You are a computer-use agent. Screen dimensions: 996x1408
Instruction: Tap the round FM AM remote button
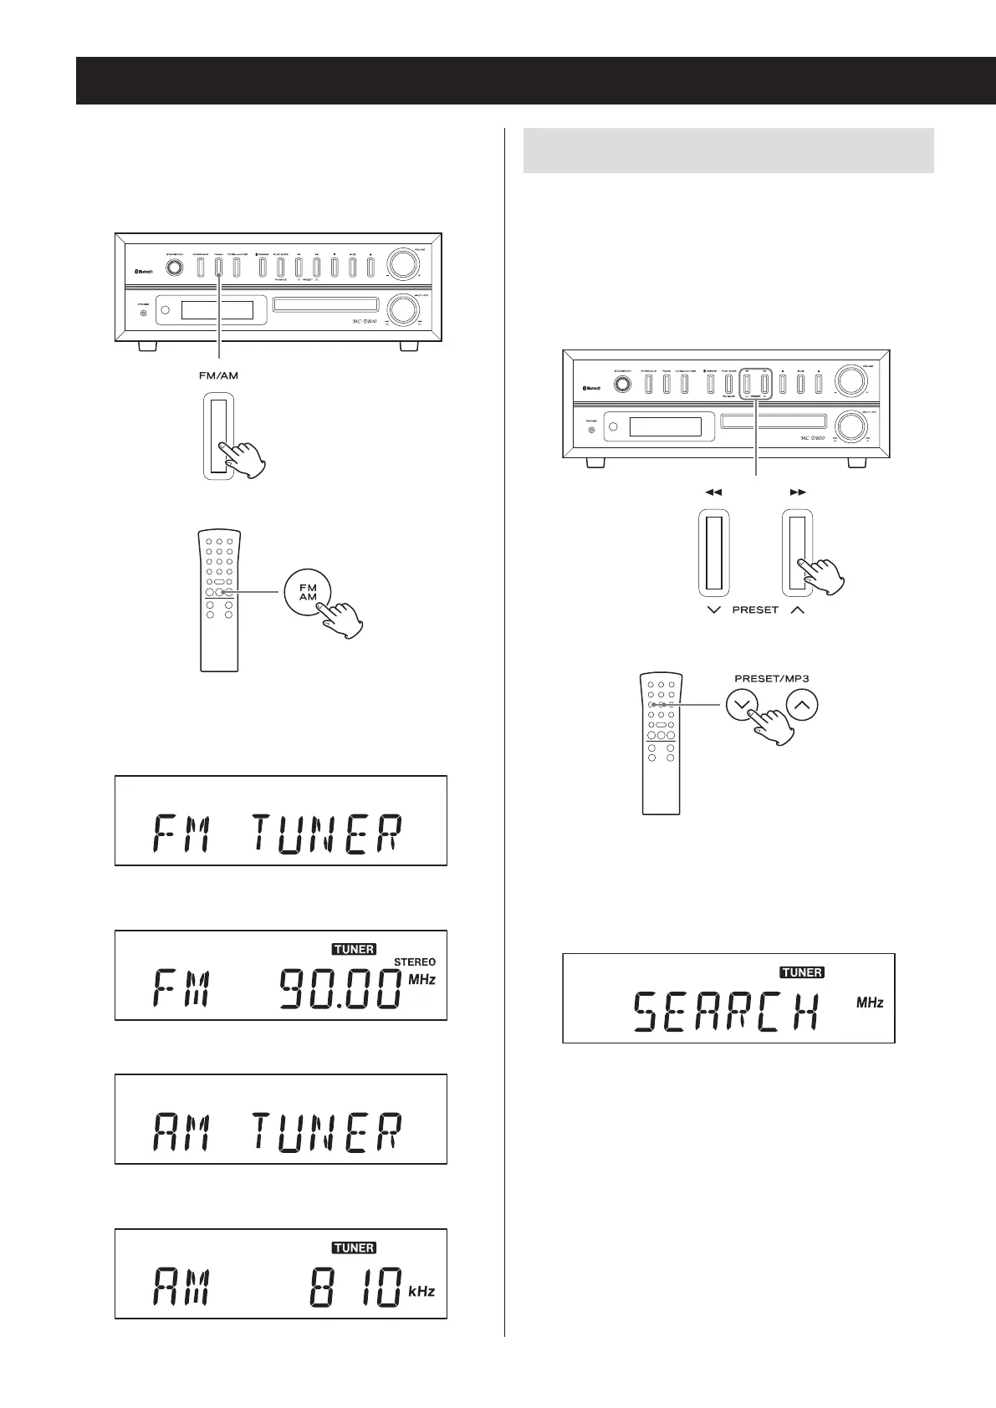click(x=308, y=593)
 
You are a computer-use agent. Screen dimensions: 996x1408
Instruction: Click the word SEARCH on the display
click(x=724, y=1013)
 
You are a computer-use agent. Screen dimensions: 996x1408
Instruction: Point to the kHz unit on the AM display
click(x=421, y=1292)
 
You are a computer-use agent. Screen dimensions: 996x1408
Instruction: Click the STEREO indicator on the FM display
click(x=414, y=962)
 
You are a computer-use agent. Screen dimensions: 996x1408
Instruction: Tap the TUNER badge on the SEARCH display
click(x=802, y=972)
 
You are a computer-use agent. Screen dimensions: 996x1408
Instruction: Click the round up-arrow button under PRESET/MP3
click(x=802, y=705)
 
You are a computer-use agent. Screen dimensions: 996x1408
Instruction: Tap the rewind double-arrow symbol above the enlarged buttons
click(x=713, y=492)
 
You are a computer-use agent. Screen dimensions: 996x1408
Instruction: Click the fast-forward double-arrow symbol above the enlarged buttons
click(x=797, y=492)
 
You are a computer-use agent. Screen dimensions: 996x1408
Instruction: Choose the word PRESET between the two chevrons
click(x=755, y=610)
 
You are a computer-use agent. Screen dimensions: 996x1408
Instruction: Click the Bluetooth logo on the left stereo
click(x=147, y=270)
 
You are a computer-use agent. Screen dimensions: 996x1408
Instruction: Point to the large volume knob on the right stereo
click(x=851, y=380)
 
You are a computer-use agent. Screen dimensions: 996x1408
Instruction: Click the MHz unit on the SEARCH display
click(x=870, y=1002)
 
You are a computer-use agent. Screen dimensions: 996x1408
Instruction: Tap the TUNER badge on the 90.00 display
click(x=354, y=949)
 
